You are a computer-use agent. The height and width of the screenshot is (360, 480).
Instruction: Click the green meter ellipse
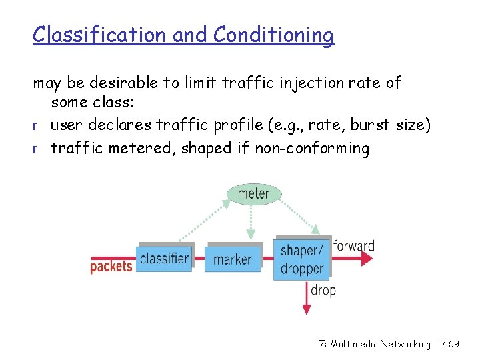(254, 194)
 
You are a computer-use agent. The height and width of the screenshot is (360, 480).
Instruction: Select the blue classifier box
(164, 258)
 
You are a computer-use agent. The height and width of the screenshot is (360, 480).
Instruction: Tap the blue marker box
(233, 259)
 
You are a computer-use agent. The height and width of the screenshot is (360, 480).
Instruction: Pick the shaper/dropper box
(302, 259)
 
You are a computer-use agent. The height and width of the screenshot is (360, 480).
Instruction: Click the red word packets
(111, 267)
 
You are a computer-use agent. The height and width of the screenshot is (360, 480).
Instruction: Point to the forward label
(354, 246)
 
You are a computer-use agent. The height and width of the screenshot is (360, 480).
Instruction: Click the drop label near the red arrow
(323, 290)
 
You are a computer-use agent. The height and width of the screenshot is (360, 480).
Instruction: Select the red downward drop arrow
(307, 297)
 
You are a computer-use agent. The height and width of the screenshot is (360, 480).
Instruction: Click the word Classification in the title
(101, 35)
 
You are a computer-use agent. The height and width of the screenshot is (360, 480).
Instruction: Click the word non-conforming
(312, 148)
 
